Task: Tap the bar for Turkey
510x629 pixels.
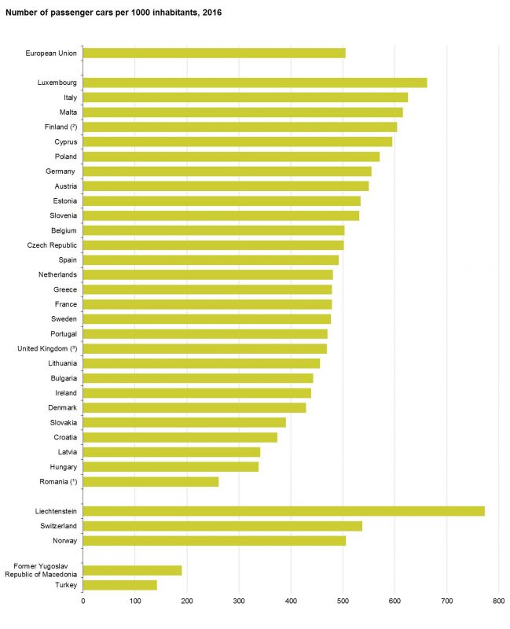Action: pos(119,585)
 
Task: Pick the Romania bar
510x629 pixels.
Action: pos(150,481)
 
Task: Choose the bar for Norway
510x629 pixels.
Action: pos(214,540)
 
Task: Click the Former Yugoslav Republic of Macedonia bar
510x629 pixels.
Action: pos(132,570)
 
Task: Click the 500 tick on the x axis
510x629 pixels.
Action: pos(343,601)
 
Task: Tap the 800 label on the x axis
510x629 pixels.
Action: pos(498,601)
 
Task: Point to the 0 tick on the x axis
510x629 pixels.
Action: pos(83,601)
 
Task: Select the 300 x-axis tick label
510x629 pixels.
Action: pos(239,601)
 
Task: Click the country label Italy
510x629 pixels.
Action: pos(69,97)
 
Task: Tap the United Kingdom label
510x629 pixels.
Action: pos(46,348)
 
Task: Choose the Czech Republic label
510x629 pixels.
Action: pos(52,245)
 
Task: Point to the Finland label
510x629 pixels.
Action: pos(61,127)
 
